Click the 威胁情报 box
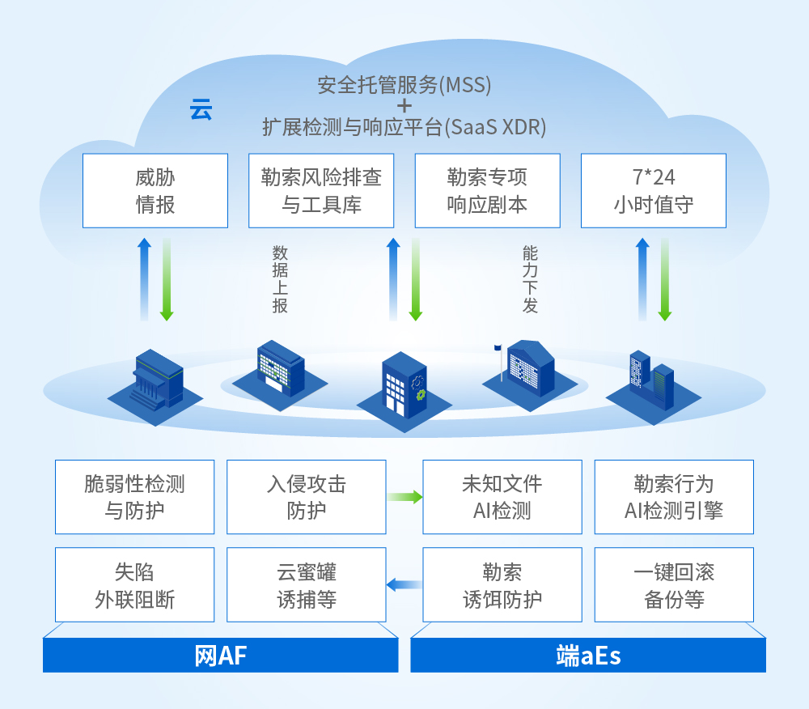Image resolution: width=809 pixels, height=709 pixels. [155, 190]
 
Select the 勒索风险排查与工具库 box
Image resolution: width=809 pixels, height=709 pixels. [321, 190]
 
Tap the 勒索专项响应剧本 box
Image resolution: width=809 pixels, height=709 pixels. [488, 190]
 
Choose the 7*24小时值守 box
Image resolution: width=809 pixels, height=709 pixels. [654, 190]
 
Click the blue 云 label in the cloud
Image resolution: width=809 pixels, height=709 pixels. [201, 110]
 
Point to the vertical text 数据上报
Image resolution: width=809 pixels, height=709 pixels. [280, 279]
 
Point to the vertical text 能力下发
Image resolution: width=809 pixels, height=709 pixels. [530, 279]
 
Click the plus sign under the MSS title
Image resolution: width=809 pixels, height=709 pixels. [404, 106]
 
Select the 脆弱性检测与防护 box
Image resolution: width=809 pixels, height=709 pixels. [134, 497]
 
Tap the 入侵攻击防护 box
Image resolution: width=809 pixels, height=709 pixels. [307, 497]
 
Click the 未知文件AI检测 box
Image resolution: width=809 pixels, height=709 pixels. [502, 497]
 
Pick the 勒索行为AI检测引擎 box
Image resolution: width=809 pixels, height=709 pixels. [674, 497]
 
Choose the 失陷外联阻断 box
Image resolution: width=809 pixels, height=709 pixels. [134, 584]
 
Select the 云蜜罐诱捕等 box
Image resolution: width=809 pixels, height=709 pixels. [307, 584]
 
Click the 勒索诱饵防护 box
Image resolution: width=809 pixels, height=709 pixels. [502, 584]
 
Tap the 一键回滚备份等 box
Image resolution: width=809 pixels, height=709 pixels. [674, 584]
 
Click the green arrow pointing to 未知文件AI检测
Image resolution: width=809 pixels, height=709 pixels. [405, 497]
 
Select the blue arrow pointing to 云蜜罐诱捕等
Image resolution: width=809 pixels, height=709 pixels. [404, 584]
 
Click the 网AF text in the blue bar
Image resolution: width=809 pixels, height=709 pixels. [220, 656]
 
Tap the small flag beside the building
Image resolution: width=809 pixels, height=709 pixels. [498, 348]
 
